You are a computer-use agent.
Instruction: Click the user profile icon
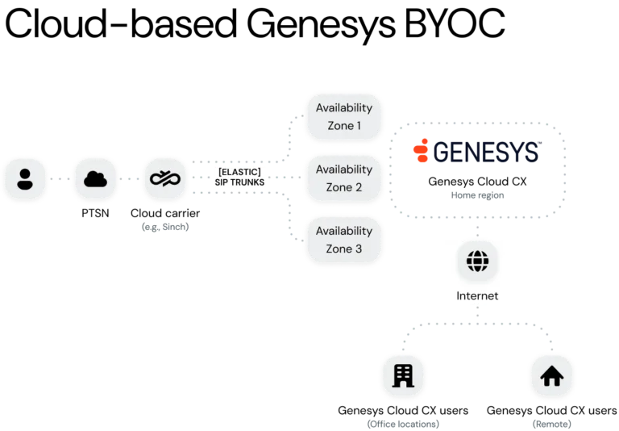[24, 179]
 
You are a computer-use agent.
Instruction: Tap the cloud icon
[95, 179]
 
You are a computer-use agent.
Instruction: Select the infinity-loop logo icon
[166, 179]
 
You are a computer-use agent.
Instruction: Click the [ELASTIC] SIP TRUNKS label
[239, 177]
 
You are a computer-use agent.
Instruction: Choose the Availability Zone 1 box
[343, 117]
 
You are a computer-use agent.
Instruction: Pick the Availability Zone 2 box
[343, 178]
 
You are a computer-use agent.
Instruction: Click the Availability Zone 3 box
[343, 240]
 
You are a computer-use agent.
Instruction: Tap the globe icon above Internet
[477, 262]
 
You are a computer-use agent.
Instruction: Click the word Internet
[477, 296]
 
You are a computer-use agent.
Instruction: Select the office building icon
[402, 377]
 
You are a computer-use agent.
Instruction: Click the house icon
[552, 377]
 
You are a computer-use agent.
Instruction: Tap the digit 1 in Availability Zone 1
[358, 126]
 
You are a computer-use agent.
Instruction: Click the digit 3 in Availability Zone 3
[358, 249]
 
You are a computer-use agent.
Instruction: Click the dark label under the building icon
[402, 423]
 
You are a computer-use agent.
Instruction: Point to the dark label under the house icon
[552, 423]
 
